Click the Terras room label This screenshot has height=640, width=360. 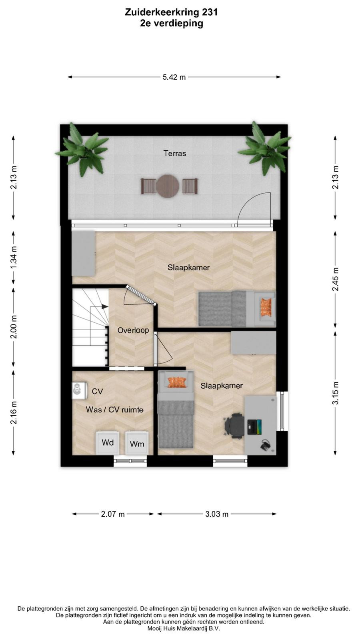coord(174,154)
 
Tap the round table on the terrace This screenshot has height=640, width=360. coord(168,186)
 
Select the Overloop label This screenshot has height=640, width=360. coord(133,330)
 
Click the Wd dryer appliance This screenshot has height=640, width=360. coord(108,442)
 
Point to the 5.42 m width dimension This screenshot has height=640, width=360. coord(174,77)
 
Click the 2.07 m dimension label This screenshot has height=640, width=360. coord(113,514)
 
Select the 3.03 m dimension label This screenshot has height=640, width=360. coord(217,514)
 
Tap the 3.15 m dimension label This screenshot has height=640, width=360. coord(336,393)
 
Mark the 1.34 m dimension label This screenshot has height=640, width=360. coord(14,258)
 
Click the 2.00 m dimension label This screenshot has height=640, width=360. coord(14,327)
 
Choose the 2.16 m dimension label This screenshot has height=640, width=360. coord(14,412)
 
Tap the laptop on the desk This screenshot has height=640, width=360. coord(254,427)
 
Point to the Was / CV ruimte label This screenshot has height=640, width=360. coord(114,410)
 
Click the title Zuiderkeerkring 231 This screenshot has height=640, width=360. coord(172,12)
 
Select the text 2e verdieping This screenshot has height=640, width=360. coord(172,24)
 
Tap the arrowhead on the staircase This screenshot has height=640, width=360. coord(105,306)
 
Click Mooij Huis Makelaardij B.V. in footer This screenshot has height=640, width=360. coord(184,628)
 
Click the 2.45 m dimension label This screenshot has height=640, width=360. coord(336,279)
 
